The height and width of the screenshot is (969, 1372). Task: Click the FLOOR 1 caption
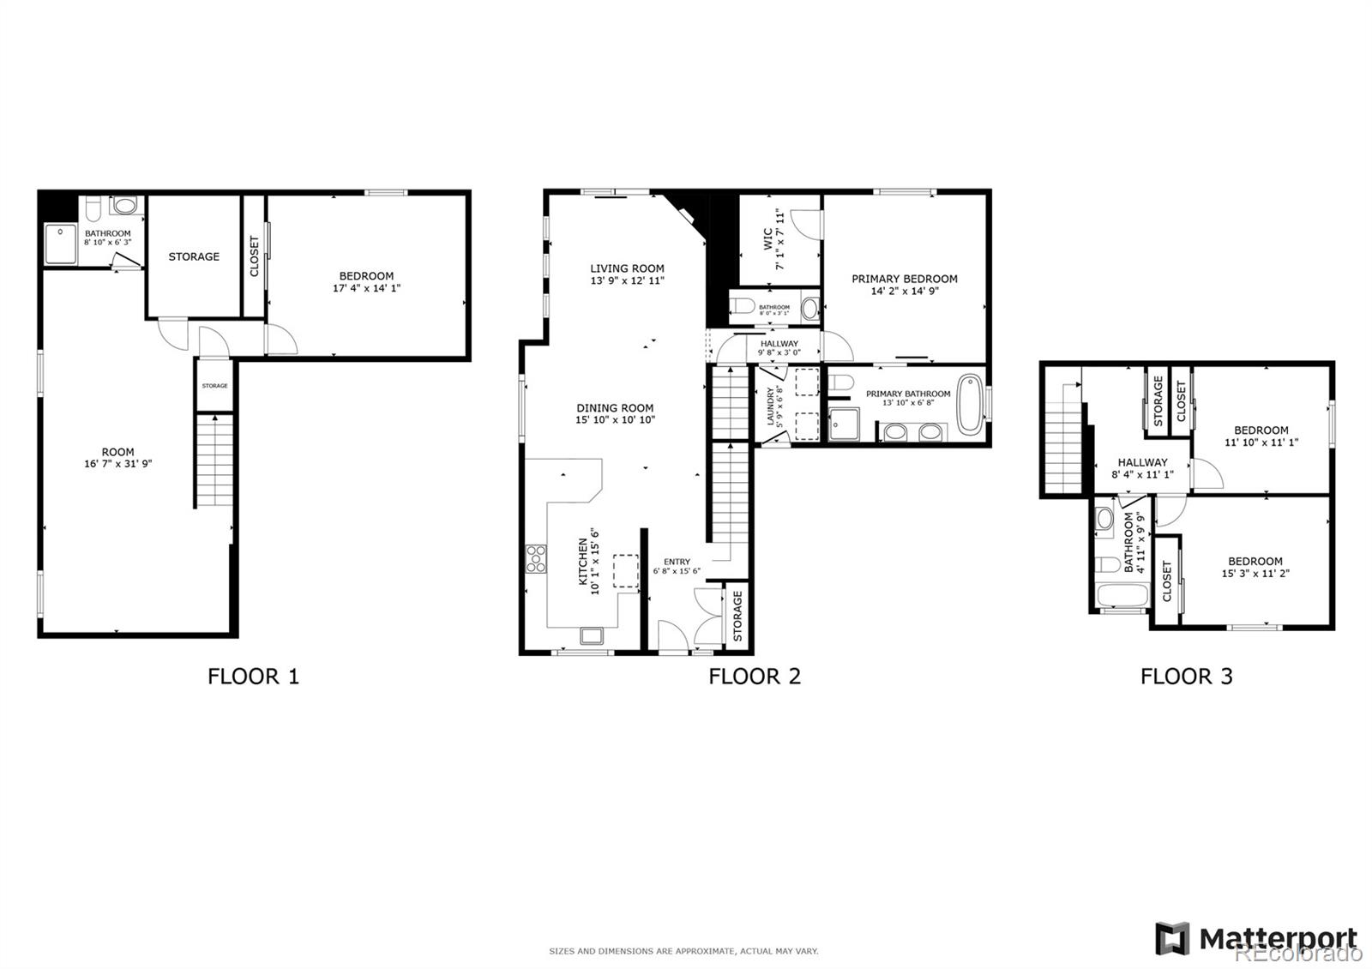(x=253, y=677)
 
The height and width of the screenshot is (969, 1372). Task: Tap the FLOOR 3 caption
(x=1186, y=677)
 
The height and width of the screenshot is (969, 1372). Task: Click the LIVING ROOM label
(x=627, y=268)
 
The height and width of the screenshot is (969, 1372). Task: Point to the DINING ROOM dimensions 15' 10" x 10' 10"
(x=615, y=420)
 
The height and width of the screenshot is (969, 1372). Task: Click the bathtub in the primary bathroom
(x=971, y=402)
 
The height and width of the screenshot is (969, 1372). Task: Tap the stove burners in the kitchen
(x=536, y=558)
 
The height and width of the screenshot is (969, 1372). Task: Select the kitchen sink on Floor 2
(x=592, y=635)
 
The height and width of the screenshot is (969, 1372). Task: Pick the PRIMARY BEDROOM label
(x=904, y=279)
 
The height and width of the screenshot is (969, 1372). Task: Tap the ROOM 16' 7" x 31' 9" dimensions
(x=117, y=464)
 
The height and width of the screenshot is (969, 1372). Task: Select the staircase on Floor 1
(x=214, y=461)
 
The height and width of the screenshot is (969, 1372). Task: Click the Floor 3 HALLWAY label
(x=1142, y=462)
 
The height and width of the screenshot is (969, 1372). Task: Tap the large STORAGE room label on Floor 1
(x=194, y=256)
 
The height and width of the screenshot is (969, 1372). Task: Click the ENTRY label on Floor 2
(x=677, y=562)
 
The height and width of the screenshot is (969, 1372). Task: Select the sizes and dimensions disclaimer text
(x=683, y=951)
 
